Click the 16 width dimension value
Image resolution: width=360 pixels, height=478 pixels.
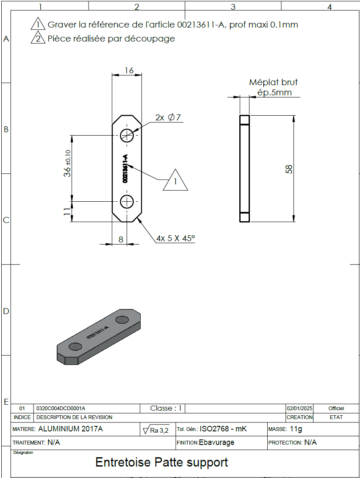[129, 70]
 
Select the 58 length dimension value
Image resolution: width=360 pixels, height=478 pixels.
[289, 169]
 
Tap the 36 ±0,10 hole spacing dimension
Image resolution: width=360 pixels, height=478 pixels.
[67, 164]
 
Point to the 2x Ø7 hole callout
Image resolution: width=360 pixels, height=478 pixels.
[168, 117]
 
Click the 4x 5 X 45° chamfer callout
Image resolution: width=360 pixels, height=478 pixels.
[175, 238]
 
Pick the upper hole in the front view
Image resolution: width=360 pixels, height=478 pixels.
[127, 135]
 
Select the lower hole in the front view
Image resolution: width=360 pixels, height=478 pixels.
[127, 202]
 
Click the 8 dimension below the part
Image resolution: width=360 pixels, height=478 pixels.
[121, 239]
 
